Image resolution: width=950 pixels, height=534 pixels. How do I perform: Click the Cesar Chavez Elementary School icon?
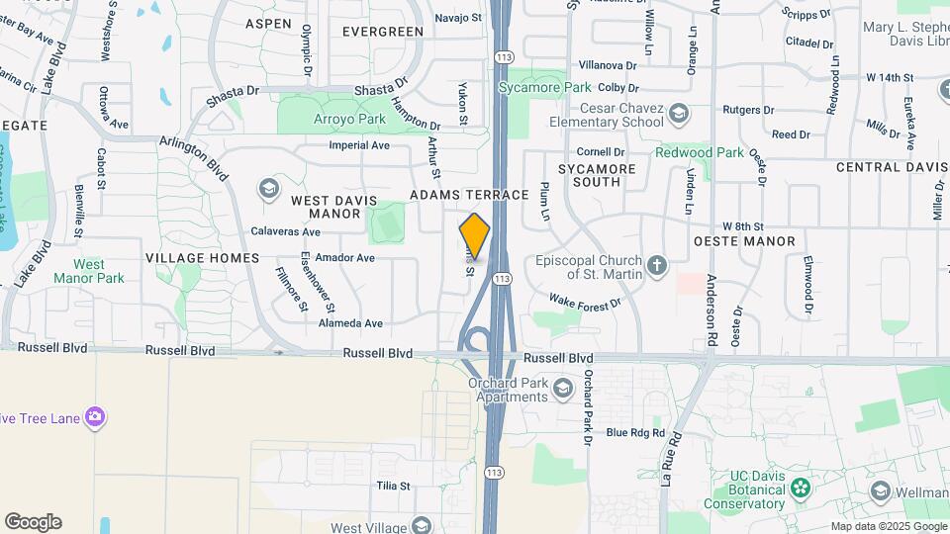pos(679,112)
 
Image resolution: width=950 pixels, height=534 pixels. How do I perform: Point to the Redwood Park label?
pos(699,152)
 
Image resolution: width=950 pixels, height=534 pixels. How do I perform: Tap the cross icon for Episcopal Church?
pos(656,264)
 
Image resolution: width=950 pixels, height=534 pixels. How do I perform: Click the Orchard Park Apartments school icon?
pos(563,385)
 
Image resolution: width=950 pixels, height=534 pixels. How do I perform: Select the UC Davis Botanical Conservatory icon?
pos(803,486)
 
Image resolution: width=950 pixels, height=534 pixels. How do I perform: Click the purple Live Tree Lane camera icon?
pos(95,417)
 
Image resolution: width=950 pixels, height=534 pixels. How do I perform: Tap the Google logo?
pos(33,522)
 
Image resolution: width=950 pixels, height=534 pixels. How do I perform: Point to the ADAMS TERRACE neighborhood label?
pos(470,195)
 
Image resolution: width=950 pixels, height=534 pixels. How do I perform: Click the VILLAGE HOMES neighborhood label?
pos(202,258)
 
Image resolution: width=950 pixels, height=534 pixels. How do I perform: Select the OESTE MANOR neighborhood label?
pos(744,241)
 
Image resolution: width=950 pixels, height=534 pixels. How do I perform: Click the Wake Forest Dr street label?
pos(585,301)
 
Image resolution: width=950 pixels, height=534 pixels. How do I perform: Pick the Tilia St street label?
pos(393,486)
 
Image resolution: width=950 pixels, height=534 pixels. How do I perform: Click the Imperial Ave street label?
pos(359,145)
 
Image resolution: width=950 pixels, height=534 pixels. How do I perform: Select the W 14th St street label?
pos(889,77)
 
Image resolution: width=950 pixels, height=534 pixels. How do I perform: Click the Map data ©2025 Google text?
pos(888,526)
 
